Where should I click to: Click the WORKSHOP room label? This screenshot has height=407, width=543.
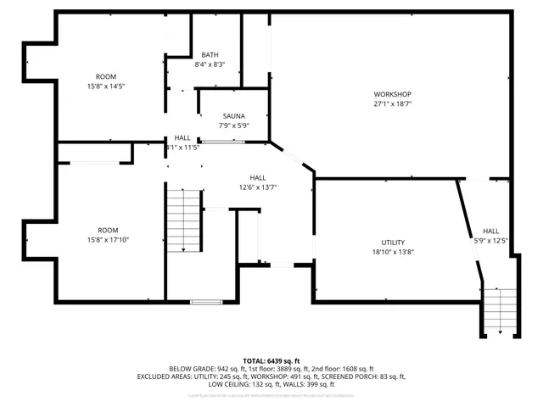pos(392,93)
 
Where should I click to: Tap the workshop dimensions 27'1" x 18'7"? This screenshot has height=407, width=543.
pos(392,104)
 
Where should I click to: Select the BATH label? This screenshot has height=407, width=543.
pos(210,55)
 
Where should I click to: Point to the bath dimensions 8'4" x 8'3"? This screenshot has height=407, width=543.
pos(210,64)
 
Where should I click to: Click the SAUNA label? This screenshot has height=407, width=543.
pos(234,115)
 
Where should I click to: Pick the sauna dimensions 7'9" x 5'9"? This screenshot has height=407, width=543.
pos(234,125)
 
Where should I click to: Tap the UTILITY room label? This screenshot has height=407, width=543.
pos(393,242)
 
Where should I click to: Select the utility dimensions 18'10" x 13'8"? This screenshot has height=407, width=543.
pos(393,252)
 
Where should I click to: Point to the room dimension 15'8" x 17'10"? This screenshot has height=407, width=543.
pos(107,240)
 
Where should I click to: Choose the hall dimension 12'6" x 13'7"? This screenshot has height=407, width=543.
pos(258,187)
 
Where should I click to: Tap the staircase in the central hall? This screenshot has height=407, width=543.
pos(183,220)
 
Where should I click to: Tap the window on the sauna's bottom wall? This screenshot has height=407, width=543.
pos(217,142)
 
